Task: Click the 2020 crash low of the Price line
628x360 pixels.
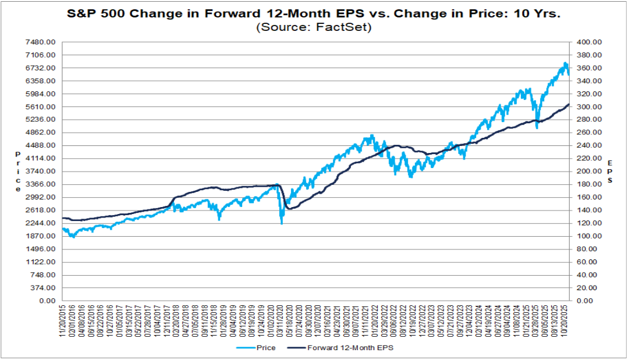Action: (x=282, y=223)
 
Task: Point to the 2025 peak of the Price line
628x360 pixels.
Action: (x=565, y=63)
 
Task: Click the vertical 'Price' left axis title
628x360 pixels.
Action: (x=17, y=172)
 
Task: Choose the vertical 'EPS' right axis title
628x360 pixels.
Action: (x=610, y=172)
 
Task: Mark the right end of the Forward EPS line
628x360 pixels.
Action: (x=569, y=104)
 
